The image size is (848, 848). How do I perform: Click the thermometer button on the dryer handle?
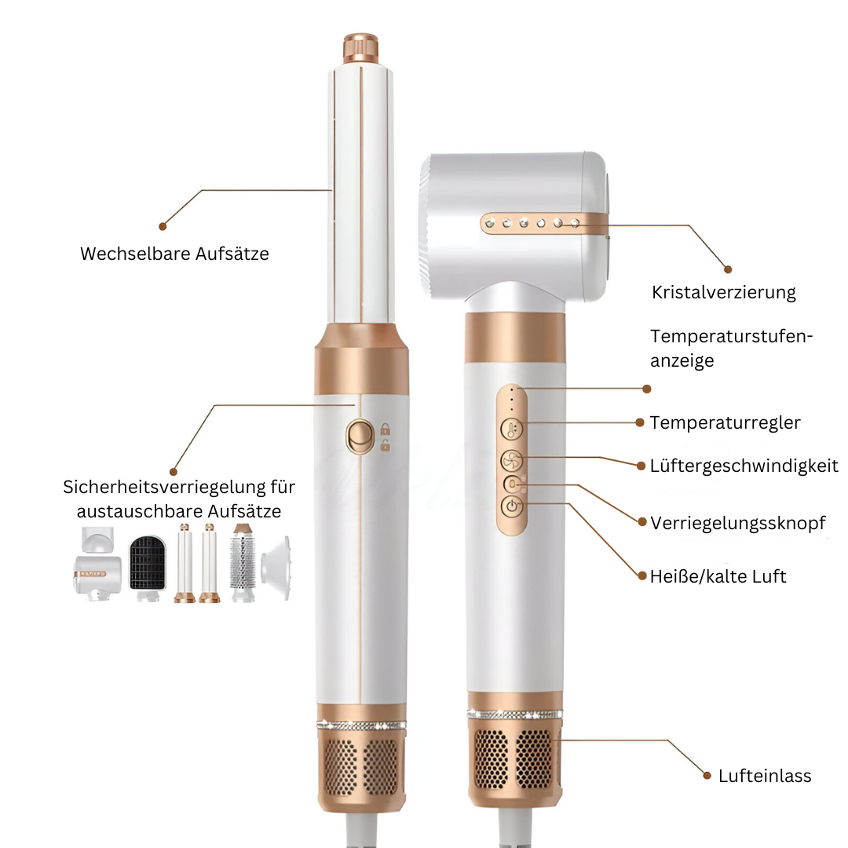(512, 430)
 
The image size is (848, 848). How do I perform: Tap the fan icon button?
(512, 460)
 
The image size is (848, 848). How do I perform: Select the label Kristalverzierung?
(723, 293)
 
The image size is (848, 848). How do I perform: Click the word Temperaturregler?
(725, 422)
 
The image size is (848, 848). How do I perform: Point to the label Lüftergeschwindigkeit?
(744, 466)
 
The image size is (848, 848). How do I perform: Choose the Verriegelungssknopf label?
(737, 523)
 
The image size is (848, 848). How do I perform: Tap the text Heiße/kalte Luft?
(718, 576)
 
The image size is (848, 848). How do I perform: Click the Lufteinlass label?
(764, 776)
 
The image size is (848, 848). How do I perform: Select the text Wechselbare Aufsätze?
(174, 254)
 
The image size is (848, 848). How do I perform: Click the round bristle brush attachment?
(243, 562)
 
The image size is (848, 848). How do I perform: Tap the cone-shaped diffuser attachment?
(276, 564)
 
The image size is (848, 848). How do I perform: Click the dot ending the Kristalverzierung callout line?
(727, 269)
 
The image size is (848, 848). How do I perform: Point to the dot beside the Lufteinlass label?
(704, 776)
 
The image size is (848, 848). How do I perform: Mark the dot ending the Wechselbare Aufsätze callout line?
(163, 226)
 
